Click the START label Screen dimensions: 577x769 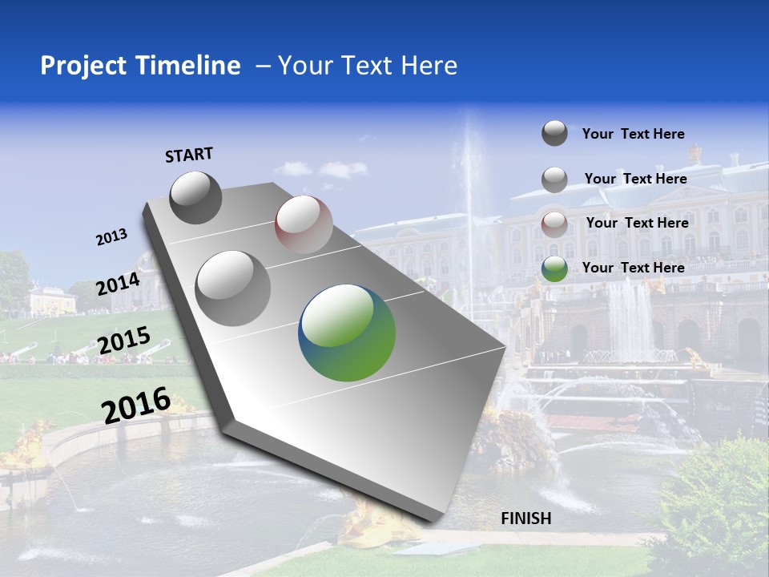click(x=189, y=155)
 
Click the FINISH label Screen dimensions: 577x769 click(x=525, y=518)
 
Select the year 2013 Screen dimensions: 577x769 click(x=111, y=237)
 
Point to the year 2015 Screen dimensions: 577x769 click(x=123, y=341)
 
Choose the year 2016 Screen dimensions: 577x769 click(x=136, y=405)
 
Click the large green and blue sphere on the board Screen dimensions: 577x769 click(x=347, y=333)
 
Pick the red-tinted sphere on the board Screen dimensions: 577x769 click(x=304, y=224)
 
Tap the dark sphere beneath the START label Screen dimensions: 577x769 click(x=195, y=197)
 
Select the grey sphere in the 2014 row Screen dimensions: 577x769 click(x=232, y=288)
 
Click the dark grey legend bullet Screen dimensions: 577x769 click(x=554, y=134)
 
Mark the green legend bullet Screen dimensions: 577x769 click(x=554, y=268)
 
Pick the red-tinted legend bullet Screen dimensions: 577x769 click(x=554, y=224)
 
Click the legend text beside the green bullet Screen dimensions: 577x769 click(x=633, y=268)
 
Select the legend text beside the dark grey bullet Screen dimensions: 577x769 click(x=633, y=134)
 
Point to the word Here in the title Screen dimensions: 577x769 click(x=429, y=66)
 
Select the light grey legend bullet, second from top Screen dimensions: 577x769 click(x=554, y=180)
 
